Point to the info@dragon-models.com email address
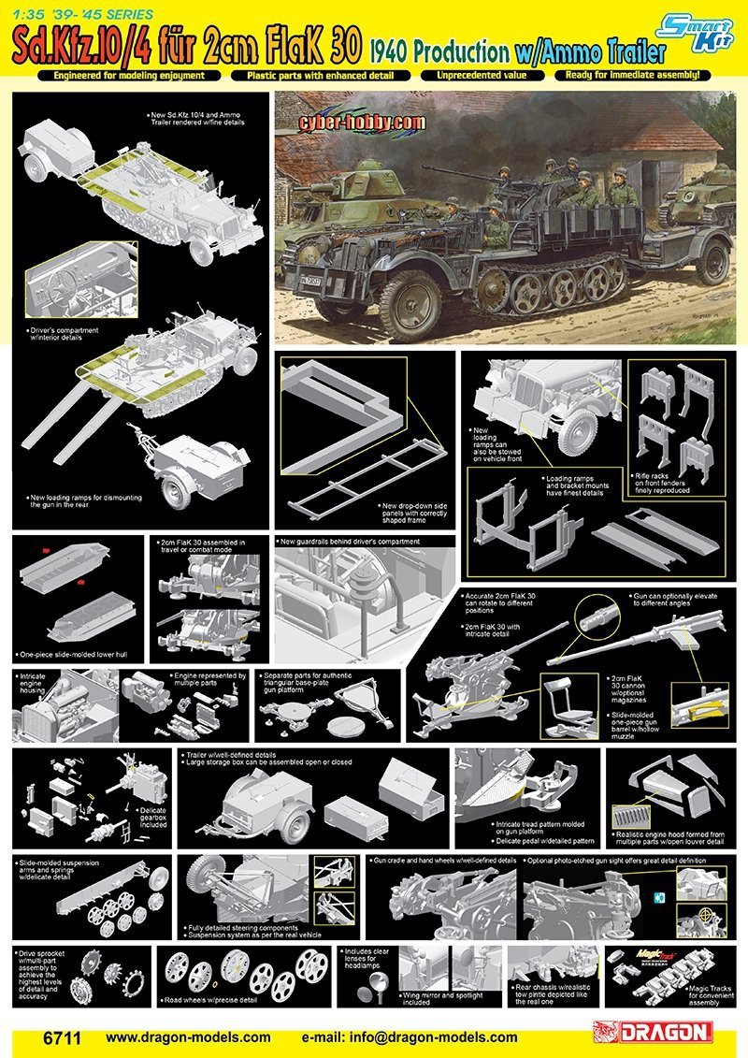tap(410, 1036)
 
